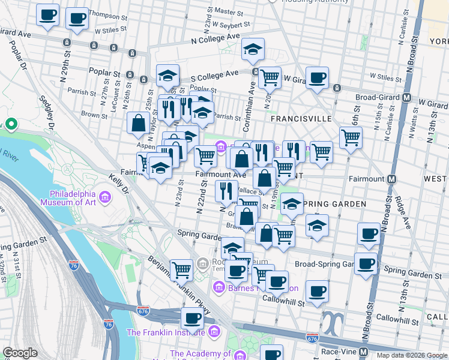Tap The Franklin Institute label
click(x=166, y=332)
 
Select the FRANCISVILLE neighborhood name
click(x=301, y=119)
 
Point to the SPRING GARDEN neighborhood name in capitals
click(x=334, y=204)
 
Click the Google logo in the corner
click(x=20, y=353)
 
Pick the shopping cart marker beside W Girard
click(x=270, y=76)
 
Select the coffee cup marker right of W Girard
click(x=317, y=77)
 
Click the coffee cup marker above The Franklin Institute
click(x=192, y=317)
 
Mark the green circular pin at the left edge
click(x=11, y=125)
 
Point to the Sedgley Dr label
click(x=48, y=113)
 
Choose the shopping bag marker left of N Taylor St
click(x=138, y=123)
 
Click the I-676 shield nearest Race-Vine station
click(x=312, y=339)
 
